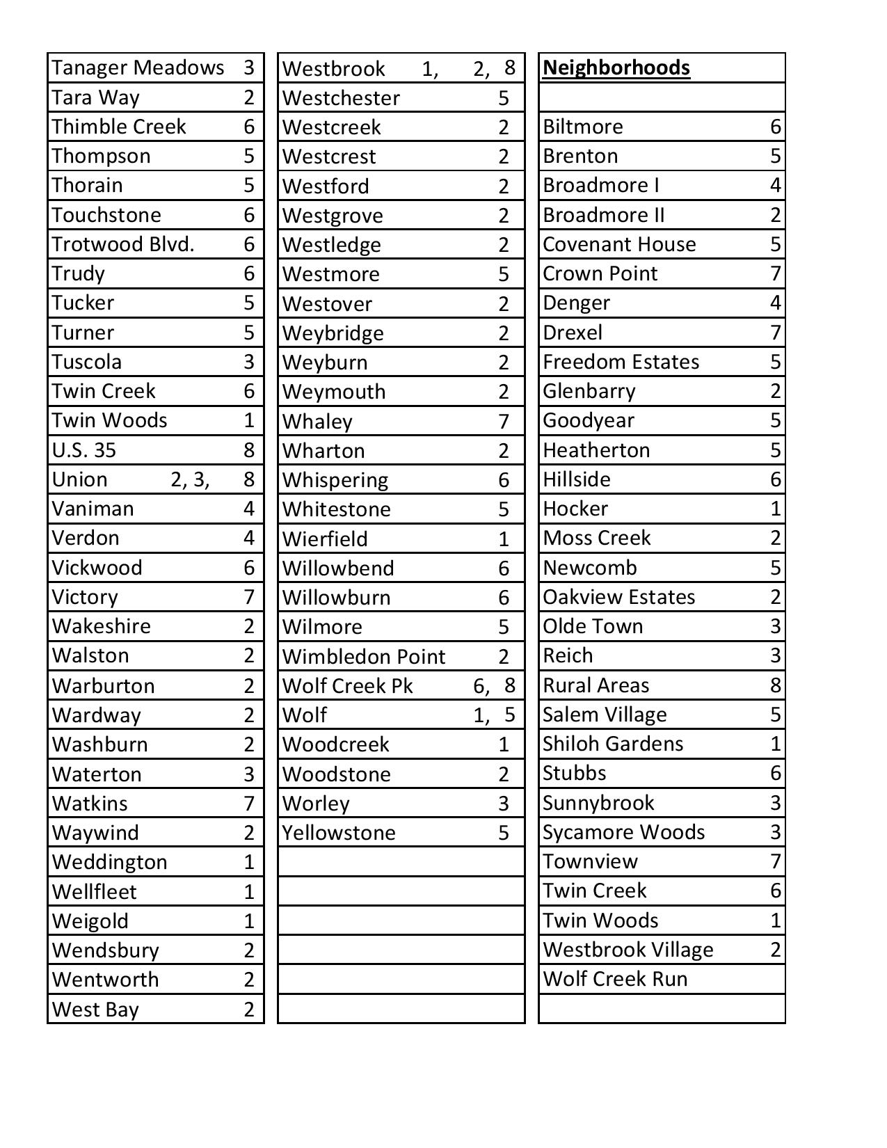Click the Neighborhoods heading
tap(616, 67)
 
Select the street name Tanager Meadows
tap(138, 67)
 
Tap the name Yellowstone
tap(339, 833)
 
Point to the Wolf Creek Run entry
tap(615, 979)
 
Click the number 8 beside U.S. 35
tap(249, 450)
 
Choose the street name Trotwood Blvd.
tap(122, 244)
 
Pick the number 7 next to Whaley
tap(504, 422)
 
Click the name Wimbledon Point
tap(364, 657)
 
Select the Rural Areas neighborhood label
tap(596, 685)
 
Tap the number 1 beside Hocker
tap(775, 509)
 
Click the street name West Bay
tap(95, 1010)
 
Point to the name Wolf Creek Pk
tap(347, 686)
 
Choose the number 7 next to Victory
tap(249, 597)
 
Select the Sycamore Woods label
tap(623, 832)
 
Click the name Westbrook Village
tap(628, 950)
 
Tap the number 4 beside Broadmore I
tap(775, 185)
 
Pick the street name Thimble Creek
tap(119, 127)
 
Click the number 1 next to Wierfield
tap(504, 539)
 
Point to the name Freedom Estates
tap(621, 362)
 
